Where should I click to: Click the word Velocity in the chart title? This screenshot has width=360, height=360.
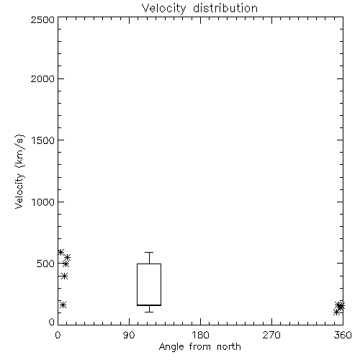164,9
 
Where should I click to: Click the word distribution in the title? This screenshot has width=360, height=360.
225,8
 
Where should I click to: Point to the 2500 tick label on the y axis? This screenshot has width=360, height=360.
42,19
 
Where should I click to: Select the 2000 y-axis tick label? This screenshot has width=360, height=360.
42,78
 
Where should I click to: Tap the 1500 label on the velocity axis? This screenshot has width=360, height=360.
43,140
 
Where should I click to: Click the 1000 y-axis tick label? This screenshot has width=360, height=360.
43,202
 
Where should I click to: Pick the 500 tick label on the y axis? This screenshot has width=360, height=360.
46,264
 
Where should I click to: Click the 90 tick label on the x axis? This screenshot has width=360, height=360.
129,335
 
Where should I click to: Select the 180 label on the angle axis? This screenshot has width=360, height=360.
200,335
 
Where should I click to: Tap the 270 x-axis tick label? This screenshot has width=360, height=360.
271,335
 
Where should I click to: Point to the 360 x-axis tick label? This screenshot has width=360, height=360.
343,335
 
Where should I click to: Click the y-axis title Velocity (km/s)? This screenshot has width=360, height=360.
19,171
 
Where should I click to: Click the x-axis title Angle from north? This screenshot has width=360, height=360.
199,347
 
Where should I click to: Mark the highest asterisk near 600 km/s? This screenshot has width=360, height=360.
60,252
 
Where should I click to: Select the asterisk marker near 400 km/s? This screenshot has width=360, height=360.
64,276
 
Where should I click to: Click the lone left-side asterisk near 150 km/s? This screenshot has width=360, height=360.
63,305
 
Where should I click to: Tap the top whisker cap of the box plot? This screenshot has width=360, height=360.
149,252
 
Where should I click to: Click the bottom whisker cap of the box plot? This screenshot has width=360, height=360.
149,312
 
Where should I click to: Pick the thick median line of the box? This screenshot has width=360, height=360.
149,305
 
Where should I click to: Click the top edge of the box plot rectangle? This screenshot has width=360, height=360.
149,264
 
